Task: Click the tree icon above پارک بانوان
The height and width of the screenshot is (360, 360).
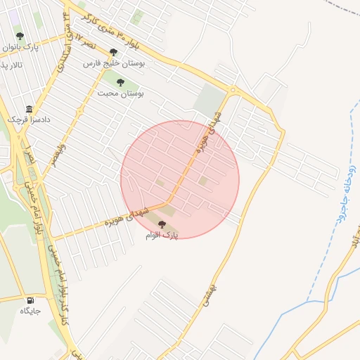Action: click(20, 35)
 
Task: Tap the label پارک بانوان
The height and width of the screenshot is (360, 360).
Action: click(20, 47)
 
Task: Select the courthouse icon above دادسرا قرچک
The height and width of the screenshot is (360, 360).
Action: click(29, 110)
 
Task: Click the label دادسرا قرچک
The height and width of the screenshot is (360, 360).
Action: click(29, 120)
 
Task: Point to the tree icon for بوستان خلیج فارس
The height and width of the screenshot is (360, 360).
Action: click(113, 52)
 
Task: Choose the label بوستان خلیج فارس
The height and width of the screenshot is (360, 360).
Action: click(114, 63)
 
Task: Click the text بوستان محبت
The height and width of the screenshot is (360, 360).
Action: click(120, 93)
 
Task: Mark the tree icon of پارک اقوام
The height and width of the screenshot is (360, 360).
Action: click(162, 224)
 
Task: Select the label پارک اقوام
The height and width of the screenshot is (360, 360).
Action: click(162, 236)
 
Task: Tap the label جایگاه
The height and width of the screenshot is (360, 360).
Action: click(30, 311)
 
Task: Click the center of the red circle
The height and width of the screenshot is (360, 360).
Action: click(180, 179)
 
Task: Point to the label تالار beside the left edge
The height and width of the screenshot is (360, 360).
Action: click(10, 65)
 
